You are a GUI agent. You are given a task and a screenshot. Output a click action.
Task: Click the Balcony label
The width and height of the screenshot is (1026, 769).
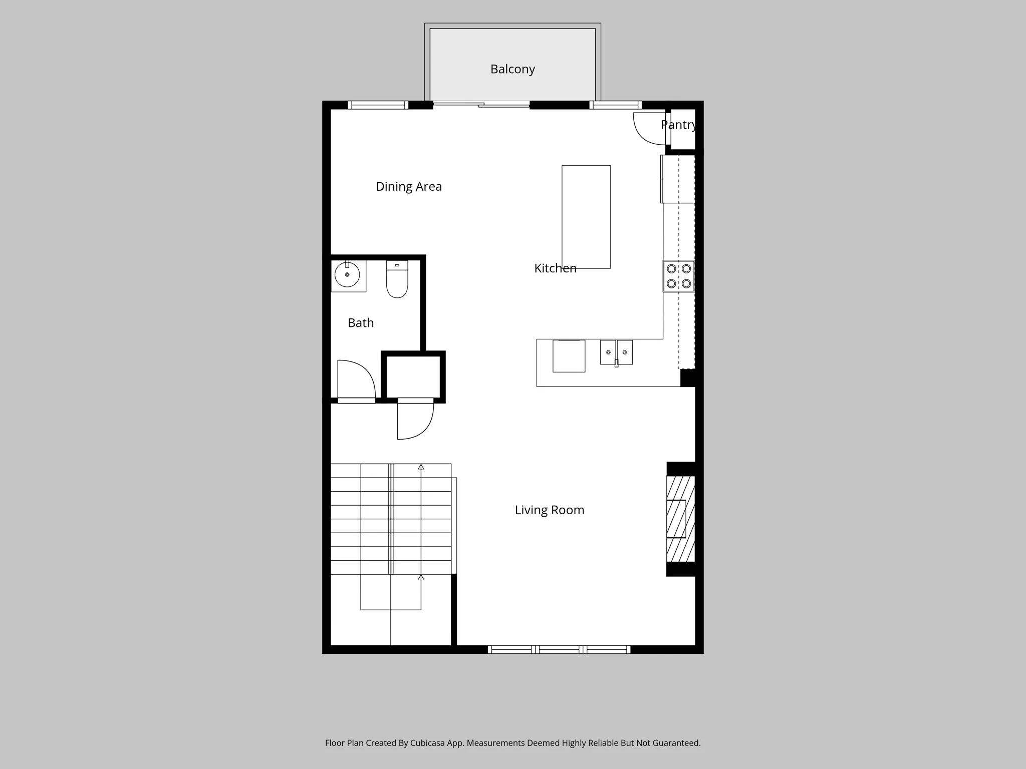tap(512, 69)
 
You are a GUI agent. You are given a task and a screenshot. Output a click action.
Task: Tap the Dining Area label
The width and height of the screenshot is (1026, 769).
tap(409, 187)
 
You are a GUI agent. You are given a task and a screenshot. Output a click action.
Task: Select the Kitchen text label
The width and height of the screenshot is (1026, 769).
tap(555, 268)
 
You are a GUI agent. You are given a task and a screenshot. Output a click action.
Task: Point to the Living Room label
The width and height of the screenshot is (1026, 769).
tap(550, 510)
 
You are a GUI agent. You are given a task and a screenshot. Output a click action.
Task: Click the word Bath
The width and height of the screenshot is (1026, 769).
tap(361, 323)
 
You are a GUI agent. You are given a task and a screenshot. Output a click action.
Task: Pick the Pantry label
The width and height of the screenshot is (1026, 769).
tap(678, 125)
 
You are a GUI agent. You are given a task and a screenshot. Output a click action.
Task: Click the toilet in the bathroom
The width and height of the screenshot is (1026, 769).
tap(397, 279)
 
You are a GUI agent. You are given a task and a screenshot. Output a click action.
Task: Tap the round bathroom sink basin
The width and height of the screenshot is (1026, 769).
tap(347, 274)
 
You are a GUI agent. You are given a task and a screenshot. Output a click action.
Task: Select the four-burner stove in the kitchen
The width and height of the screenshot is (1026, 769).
tap(679, 276)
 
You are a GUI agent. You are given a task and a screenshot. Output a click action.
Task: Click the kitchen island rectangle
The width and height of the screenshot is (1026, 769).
tap(586, 217)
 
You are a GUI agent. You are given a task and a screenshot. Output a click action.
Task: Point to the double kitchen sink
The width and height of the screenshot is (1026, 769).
tap(617, 352)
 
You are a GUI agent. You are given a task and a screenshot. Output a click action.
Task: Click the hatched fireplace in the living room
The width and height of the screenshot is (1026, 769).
tap(680, 519)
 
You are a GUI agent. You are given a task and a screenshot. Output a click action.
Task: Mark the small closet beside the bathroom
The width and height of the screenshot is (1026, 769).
tap(413, 376)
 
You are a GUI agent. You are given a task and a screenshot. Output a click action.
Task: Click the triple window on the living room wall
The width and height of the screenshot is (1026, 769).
tap(559, 649)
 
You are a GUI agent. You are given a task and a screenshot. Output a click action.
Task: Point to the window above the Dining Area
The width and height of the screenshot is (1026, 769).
tap(378, 105)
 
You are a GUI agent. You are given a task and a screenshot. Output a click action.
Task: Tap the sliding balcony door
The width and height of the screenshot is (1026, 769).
tap(481, 105)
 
